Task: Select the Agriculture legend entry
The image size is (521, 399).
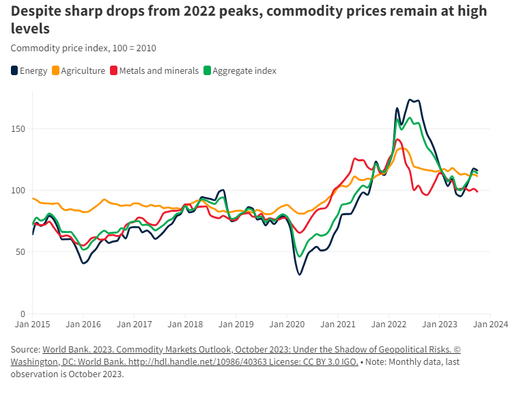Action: (x=79, y=70)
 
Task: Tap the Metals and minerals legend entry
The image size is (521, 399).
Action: (x=154, y=70)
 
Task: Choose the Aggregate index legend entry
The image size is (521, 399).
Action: (x=240, y=70)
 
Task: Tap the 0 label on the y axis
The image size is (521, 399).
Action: (x=23, y=313)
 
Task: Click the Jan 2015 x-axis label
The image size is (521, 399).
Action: (x=32, y=325)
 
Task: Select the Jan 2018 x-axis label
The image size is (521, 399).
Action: (x=184, y=325)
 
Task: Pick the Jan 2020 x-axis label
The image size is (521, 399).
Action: (x=287, y=325)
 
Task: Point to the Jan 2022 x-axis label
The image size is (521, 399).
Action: (x=389, y=325)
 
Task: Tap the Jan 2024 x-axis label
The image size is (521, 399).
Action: (x=490, y=325)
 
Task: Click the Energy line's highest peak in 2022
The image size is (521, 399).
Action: (x=410, y=100)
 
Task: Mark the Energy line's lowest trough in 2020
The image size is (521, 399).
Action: (x=299, y=275)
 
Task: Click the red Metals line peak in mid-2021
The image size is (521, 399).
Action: (x=355, y=159)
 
